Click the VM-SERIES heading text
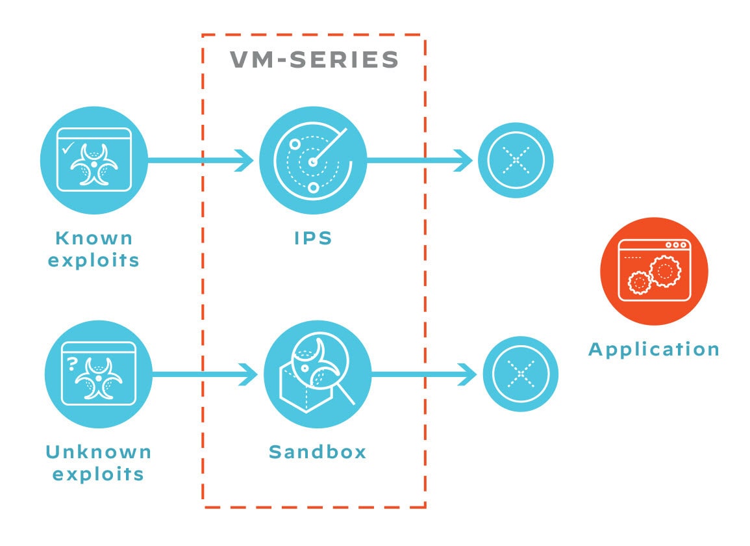[x=314, y=60]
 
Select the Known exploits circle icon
[x=94, y=159]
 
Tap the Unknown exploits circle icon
[x=98, y=373]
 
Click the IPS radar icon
[x=313, y=160]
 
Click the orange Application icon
[x=654, y=271]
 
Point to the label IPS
[x=313, y=238]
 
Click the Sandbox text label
[x=318, y=451]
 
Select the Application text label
[x=654, y=349]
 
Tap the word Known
[x=94, y=238]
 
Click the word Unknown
[x=98, y=451]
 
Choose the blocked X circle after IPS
[x=516, y=160]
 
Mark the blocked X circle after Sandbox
[x=520, y=374]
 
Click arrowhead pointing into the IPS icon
[x=245, y=159]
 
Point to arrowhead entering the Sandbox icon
[x=249, y=374]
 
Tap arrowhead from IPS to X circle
[x=464, y=160]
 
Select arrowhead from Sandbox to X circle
[x=468, y=374]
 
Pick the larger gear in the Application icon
[x=664, y=271]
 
